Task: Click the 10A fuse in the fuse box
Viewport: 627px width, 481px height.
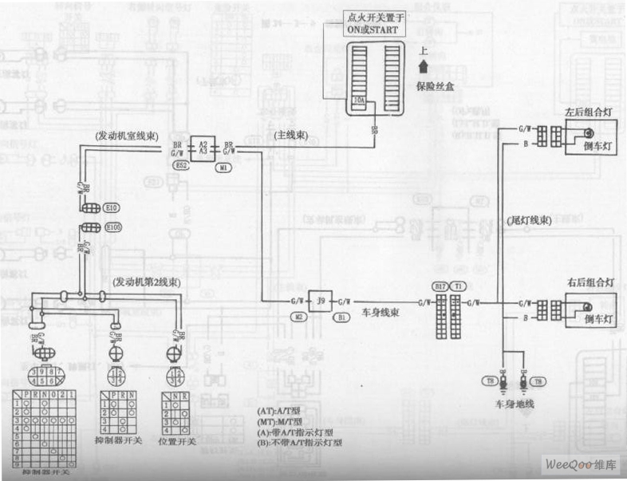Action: pyautogui.click(x=360, y=101)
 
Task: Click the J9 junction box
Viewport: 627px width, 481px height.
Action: pyautogui.click(x=321, y=302)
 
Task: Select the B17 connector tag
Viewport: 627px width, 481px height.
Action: pyautogui.click(x=440, y=286)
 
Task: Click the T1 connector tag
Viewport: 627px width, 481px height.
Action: pyautogui.click(x=458, y=286)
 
